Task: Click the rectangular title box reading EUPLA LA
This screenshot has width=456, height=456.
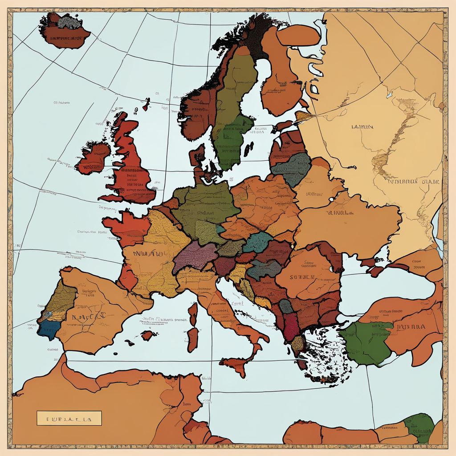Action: pyautogui.click(x=69, y=418)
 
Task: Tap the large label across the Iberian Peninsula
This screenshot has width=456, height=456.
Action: pyautogui.click(x=87, y=316)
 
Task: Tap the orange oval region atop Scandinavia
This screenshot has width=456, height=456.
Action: pyautogui.click(x=298, y=35)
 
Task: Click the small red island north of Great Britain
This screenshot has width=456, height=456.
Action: pyautogui.click(x=146, y=105)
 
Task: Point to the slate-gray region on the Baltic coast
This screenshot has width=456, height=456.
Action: pyautogui.click(x=292, y=169)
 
